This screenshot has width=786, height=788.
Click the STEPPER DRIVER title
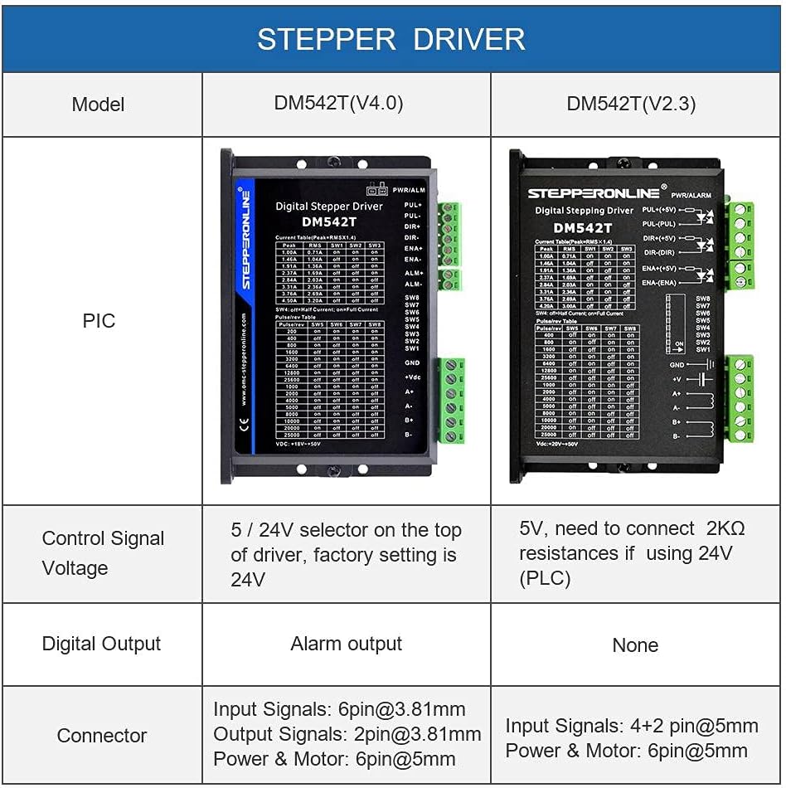[x=391, y=39]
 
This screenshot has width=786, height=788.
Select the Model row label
[x=98, y=105]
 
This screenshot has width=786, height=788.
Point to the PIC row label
[x=99, y=321]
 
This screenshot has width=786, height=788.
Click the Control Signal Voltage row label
[x=103, y=553]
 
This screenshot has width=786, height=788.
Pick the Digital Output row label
[x=101, y=644]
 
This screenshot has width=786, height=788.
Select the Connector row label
[x=101, y=736]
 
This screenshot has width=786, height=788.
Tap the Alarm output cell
[x=346, y=644]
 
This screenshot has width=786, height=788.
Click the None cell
[x=635, y=645]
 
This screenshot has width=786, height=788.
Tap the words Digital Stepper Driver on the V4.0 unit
[x=329, y=207]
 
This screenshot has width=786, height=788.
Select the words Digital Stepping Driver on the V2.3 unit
[x=584, y=211]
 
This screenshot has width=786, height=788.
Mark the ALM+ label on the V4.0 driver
[x=413, y=273]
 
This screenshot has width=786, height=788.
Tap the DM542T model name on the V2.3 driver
[x=582, y=228]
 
